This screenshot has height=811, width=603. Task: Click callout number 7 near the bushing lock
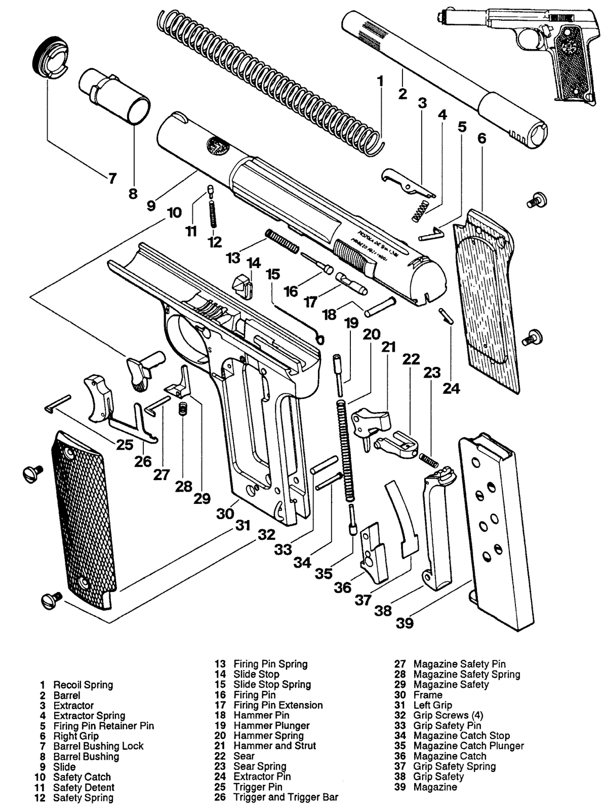click(112, 178)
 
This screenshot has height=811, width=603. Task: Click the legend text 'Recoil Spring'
click(83, 685)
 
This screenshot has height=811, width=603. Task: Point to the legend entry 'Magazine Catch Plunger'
click(468, 746)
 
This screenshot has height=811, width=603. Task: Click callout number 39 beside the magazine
click(405, 623)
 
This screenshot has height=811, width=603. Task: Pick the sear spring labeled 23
click(429, 460)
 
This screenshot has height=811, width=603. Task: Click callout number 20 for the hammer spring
click(372, 335)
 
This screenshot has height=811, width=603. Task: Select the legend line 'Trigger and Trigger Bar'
click(286, 797)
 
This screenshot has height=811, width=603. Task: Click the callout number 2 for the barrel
click(403, 94)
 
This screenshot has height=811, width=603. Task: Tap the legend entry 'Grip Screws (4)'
click(448, 715)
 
